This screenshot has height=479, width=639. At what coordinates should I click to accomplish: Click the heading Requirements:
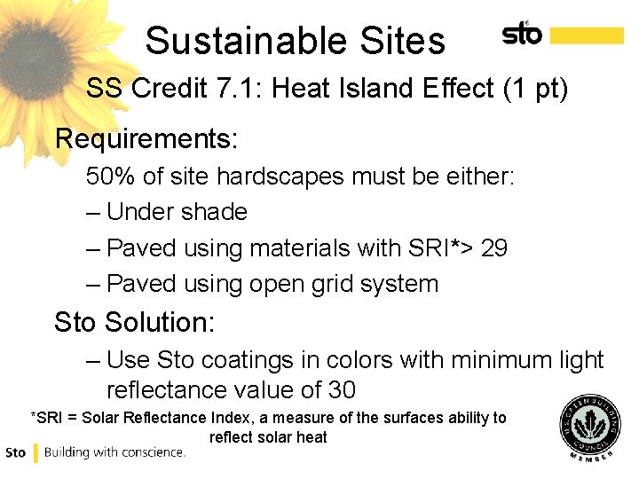[146, 139]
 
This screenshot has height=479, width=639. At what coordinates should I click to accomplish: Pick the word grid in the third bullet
[331, 284]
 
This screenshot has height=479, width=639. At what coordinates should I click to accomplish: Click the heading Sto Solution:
[134, 322]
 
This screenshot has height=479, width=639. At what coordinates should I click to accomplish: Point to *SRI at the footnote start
[47, 418]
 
